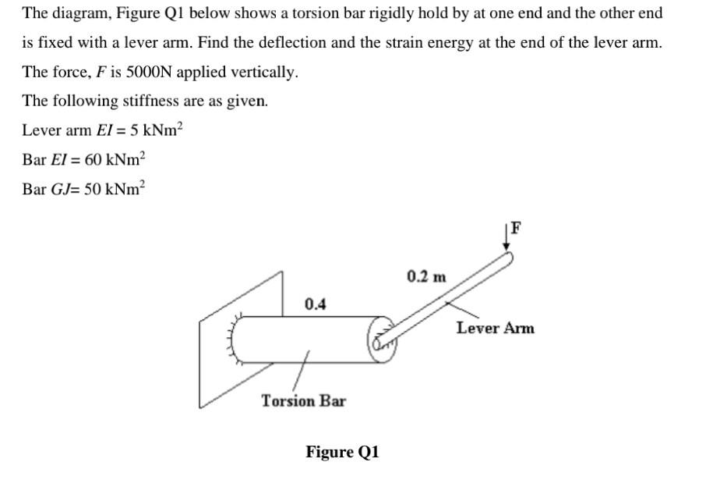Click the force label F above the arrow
coord(516,228)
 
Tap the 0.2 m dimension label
coord(427,276)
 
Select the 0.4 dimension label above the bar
coord(315,304)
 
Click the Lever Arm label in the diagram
coord(495,328)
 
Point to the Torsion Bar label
coord(303,400)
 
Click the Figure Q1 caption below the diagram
coord(342,452)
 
